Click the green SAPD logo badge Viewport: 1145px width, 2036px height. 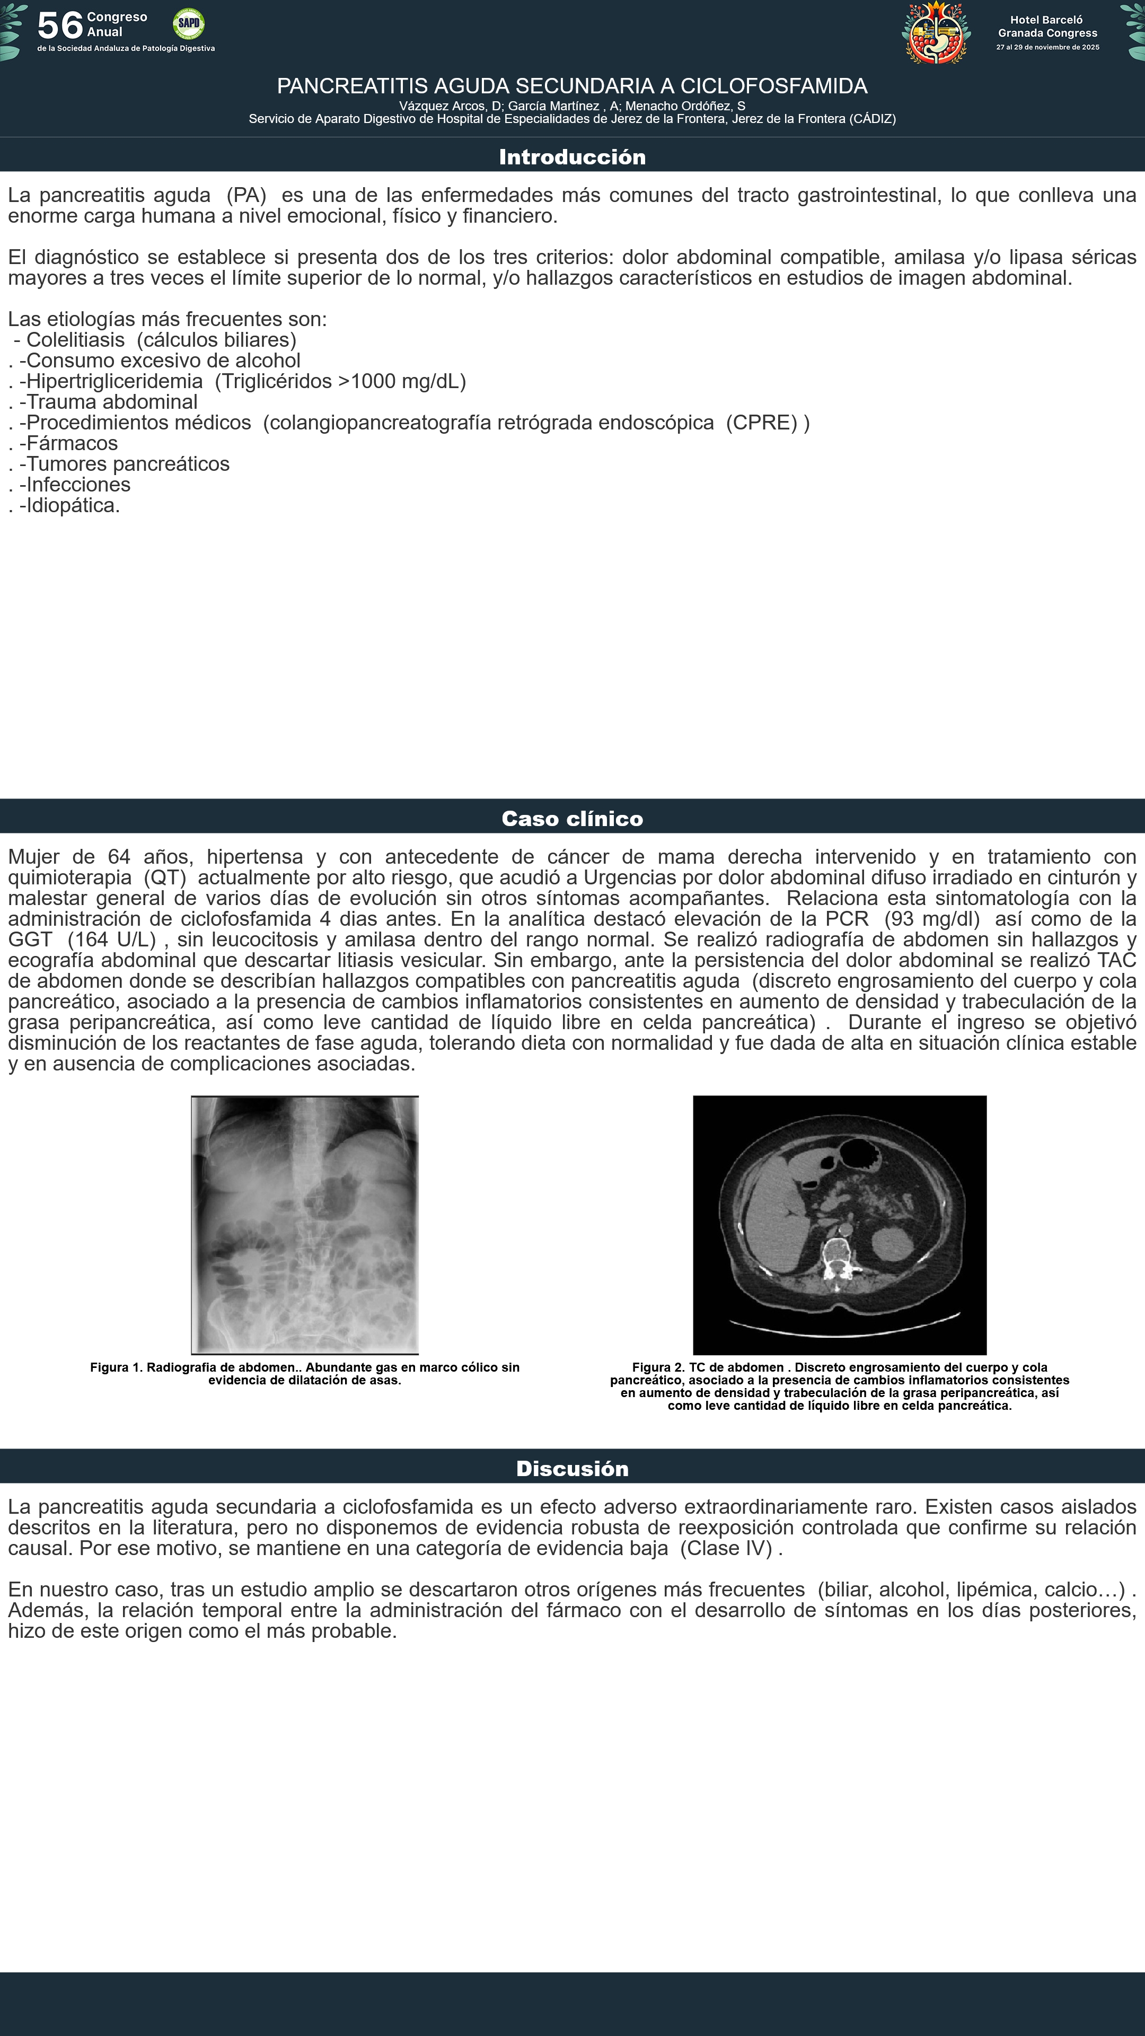(x=188, y=24)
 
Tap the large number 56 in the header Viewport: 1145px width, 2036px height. (x=60, y=26)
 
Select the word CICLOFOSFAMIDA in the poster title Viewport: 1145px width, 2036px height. (x=773, y=86)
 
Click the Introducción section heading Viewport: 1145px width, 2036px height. (x=572, y=156)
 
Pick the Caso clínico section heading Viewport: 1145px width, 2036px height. (x=572, y=818)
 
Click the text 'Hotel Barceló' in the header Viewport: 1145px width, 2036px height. (x=1046, y=20)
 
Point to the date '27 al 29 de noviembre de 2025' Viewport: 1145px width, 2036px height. (x=1047, y=47)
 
